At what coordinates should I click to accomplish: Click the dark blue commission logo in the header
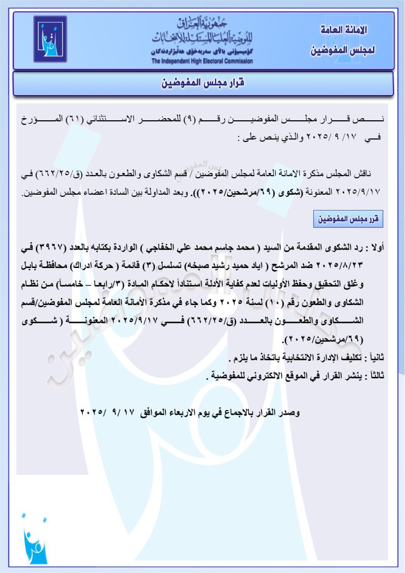click(x=50, y=39)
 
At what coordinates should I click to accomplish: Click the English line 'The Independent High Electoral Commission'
click(x=202, y=61)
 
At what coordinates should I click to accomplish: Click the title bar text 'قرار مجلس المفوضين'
click(x=203, y=84)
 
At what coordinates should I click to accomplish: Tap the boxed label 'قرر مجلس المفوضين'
click(x=348, y=218)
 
